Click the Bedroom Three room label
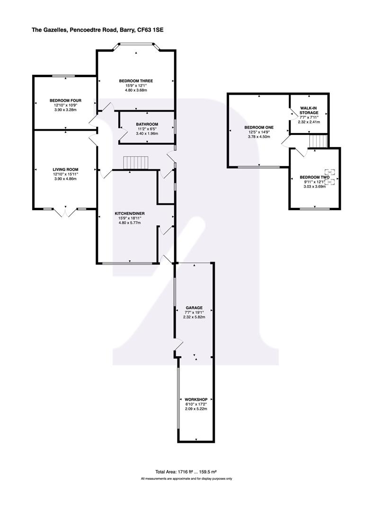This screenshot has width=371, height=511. pos(136,81)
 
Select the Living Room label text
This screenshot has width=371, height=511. pos(65,169)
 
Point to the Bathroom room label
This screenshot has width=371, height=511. pos(147,124)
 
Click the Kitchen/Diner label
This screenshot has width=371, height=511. pos(130,213)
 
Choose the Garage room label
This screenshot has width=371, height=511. pos(194,307)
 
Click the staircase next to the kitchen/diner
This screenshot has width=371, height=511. pos(135,163)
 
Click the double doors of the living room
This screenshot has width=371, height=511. pos(65,212)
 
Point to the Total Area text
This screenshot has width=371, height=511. pos(185,472)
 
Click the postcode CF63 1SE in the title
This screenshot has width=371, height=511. pos(154,29)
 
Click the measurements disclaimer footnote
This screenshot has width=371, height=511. pos(186,479)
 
